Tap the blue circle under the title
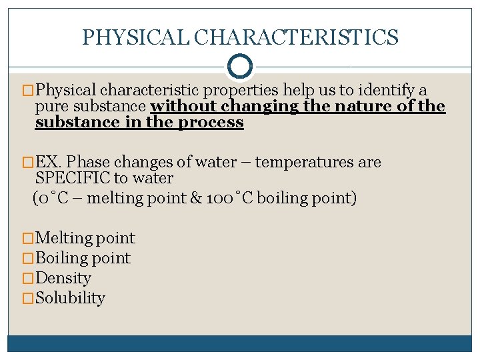[x=240, y=66]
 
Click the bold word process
[x=217, y=123]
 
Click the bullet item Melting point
[x=85, y=238]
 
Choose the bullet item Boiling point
[x=83, y=258]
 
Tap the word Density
[x=63, y=278]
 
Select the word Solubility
[x=70, y=298]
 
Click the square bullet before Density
[x=28, y=279]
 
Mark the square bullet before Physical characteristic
[x=28, y=91]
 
